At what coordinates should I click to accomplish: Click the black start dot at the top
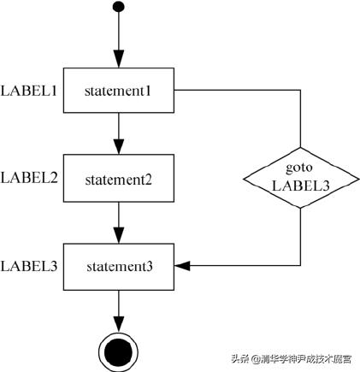click(118, 8)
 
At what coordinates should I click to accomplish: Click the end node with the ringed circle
click(118, 351)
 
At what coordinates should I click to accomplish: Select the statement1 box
click(119, 89)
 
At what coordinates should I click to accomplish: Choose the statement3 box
click(119, 266)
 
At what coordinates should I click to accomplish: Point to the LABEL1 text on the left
click(29, 89)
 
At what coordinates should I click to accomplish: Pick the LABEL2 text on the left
click(29, 178)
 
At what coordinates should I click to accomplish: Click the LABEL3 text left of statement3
click(29, 266)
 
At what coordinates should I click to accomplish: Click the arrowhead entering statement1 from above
click(118, 61)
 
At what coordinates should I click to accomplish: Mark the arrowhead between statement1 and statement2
click(118, 149)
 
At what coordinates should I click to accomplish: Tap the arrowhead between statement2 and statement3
click(118, 238)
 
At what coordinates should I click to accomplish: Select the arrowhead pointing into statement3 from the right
click(181, 266)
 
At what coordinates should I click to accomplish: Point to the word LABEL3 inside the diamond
click(300, 185)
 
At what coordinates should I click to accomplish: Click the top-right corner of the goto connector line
click(300, 89)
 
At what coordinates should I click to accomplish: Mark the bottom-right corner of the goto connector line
click(300, 266)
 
